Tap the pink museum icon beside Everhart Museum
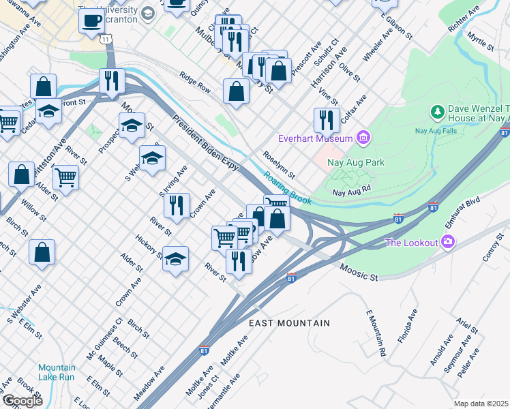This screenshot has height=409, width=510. point(363,139)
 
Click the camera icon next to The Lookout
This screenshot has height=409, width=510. point(447,241)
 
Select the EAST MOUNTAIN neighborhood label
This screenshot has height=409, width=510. point(289,323)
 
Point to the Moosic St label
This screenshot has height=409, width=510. point(359,273)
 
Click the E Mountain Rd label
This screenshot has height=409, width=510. point(376,333)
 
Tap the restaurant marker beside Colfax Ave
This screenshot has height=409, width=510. point(327,120)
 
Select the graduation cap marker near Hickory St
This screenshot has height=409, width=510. point(175,259)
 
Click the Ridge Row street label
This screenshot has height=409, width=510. point(195,83)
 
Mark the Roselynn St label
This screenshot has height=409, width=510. point(278,165)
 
